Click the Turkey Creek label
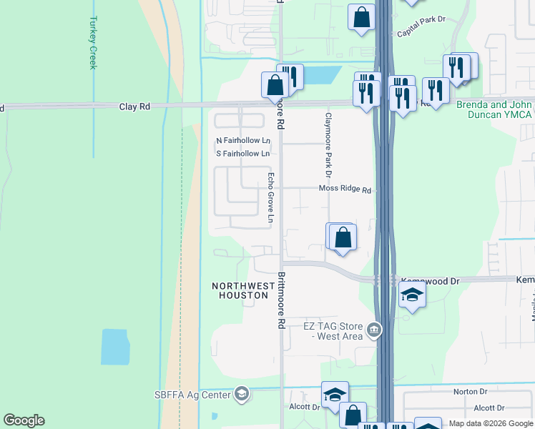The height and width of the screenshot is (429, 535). pos(92,43)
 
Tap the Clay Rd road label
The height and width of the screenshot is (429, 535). pos(134,107)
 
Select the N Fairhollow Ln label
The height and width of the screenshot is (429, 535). pos(243,140)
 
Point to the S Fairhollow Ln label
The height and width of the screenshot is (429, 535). pos(243,154)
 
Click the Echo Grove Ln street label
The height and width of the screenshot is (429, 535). pos(271,197)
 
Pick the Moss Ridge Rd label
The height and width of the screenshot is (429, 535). pos(345,190)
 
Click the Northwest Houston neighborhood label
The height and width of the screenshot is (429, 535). pos(243,290)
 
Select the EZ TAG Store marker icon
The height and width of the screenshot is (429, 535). pos(373,330)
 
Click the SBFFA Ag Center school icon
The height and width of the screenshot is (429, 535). pos(242,394)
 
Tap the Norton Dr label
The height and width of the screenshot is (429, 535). pos(470,392)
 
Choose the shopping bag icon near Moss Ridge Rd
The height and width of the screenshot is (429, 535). pos(343,237)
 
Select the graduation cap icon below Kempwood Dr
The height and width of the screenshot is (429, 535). pos(412,295)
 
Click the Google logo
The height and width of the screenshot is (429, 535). pos(24,420)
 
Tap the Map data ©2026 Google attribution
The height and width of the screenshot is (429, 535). pos(491,423)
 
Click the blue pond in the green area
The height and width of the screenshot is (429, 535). pos(116,347)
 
